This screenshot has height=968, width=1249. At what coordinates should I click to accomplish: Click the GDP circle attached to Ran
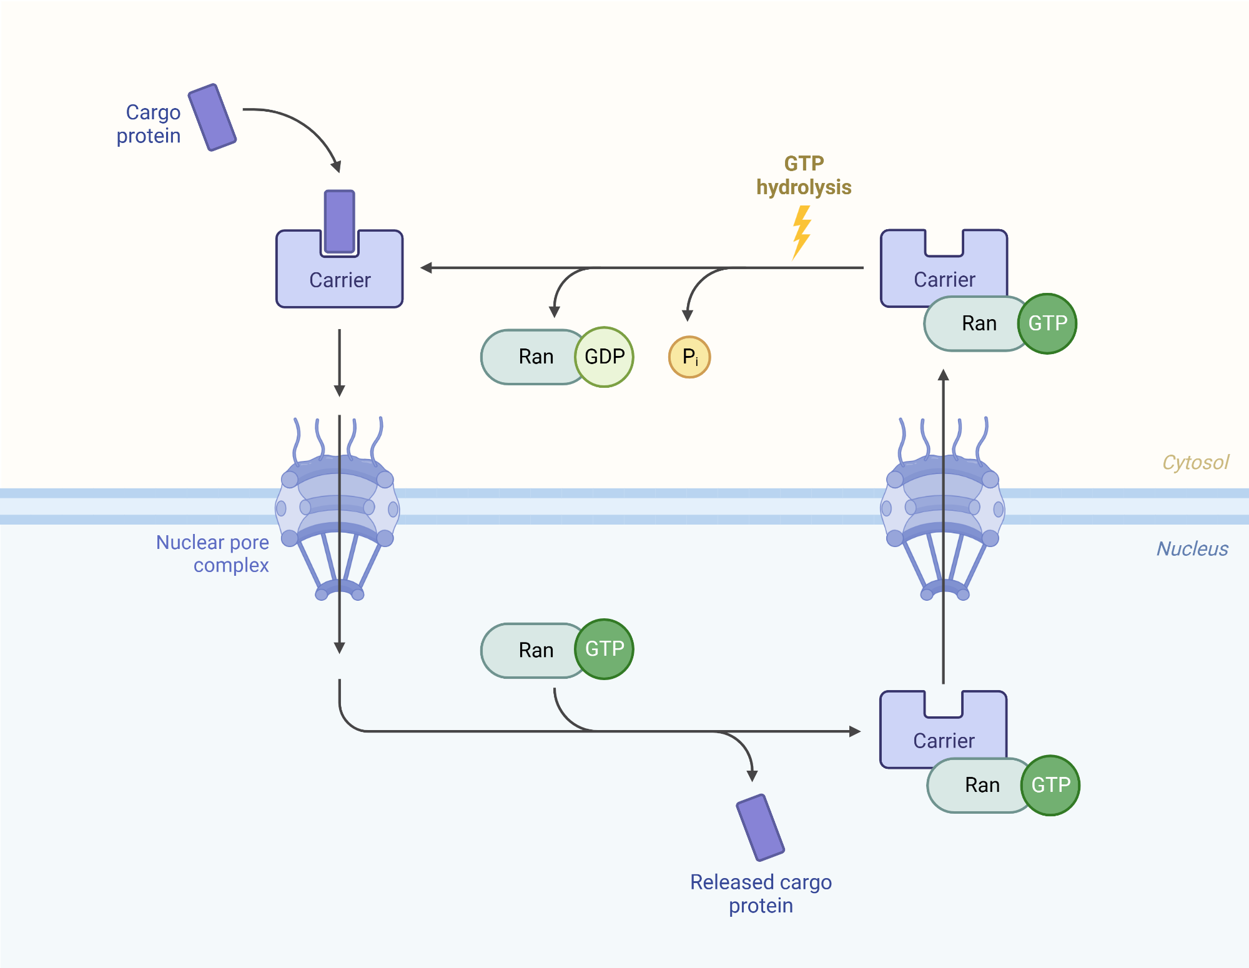[604, 357]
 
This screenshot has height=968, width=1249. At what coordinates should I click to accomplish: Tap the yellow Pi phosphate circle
[689, 357]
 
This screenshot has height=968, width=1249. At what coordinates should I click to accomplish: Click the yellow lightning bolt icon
[802, 232]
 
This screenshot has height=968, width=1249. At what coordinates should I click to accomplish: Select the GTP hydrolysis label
[804, 175]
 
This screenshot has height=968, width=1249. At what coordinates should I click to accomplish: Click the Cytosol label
[1195, 462]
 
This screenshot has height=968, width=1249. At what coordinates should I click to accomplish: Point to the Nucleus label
[1192, 548]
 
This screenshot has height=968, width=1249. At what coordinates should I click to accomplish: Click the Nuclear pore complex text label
[213, 553]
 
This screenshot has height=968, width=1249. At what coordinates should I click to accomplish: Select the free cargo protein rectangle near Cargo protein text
[212, 117]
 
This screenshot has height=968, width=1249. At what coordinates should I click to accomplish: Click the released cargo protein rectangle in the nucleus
[760, 827]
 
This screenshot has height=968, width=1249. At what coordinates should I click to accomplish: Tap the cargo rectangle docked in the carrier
[340, 221]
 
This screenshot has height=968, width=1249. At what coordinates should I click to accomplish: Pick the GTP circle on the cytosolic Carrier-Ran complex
[1047, 323]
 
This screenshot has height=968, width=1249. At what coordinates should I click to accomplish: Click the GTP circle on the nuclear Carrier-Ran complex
[1050, 785]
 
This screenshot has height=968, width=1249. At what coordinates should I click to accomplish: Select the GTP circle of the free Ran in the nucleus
[604, 649]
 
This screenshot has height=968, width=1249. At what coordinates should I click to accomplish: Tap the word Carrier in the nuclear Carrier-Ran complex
[944, 741]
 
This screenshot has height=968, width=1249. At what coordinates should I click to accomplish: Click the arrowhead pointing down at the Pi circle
[688, 315]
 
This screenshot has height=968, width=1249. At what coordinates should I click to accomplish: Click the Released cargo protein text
[761, 894]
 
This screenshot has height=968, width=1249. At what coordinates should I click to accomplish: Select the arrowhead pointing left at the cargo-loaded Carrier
[427, 268]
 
